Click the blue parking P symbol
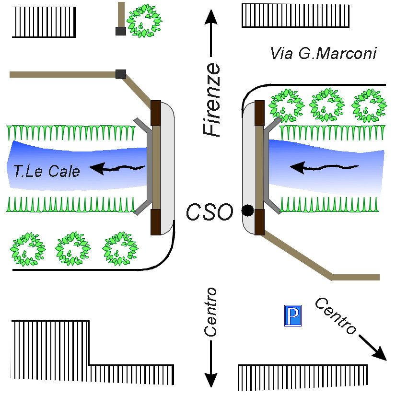[x=293, y=315]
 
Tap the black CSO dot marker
[x=247, y=210]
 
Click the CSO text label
[x=210, y=211]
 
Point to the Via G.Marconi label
[x=324, y=53]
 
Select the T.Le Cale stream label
[x=47, y=171]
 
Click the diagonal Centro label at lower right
[x=336, y=316]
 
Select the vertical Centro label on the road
[x=210, y=312]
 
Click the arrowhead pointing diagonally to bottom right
[x=380, y=354]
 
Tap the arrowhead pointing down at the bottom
[x=210, y=379]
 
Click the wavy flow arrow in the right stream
[x=324, y=167]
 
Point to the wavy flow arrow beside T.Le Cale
[x=117, y=168]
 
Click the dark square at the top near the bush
[x=120, y=31]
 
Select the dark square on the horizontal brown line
[x=121, y=74]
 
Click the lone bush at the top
[x=143, y=21]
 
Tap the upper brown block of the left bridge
[x=156, y=113]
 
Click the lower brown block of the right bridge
[x=259, y=221]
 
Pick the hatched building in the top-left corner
[x=44, y=22]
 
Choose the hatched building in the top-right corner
[x=296, y=15]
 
